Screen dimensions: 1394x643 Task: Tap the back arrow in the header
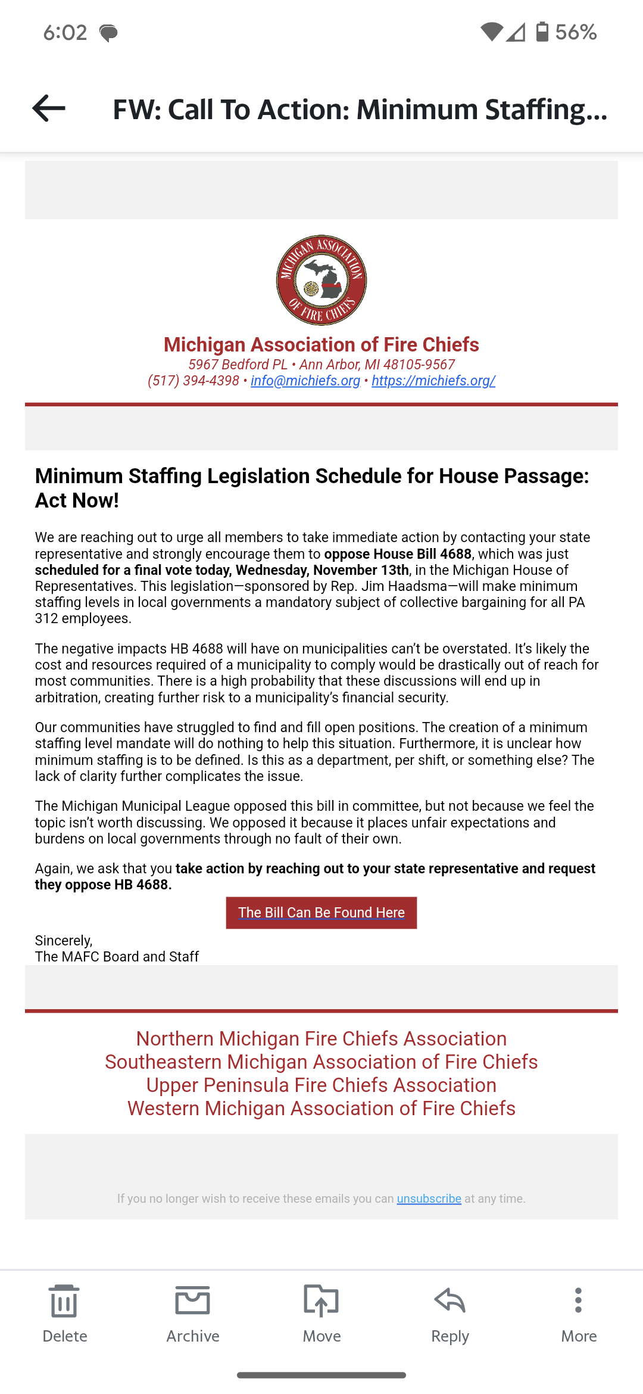point(49,108)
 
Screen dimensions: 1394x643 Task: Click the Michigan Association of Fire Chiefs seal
point(321,280)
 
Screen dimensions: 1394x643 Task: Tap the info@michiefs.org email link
point(305,381)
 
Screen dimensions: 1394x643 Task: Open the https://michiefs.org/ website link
point(433,381)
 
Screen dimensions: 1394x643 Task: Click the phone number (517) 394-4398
point(193,381)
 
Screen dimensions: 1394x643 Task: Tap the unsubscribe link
point(429,1199)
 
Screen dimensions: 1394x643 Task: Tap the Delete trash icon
point(64,1300)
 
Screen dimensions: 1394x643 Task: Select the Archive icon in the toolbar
point(193,1300)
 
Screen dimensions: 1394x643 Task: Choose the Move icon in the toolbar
point(321,1300)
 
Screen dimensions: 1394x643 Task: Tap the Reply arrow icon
point(450,1300)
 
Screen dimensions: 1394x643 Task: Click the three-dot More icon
point(578,1300)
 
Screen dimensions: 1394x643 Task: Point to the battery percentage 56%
point(576,32)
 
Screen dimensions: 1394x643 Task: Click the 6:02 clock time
point(65,32)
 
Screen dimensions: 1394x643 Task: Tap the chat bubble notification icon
point(108,33)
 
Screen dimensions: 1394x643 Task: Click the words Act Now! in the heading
point(77,501)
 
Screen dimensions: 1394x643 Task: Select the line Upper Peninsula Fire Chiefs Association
point(321,1085)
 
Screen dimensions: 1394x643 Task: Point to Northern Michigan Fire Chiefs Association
point(321,1039)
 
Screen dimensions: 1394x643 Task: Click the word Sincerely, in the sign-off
point(64,941)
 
